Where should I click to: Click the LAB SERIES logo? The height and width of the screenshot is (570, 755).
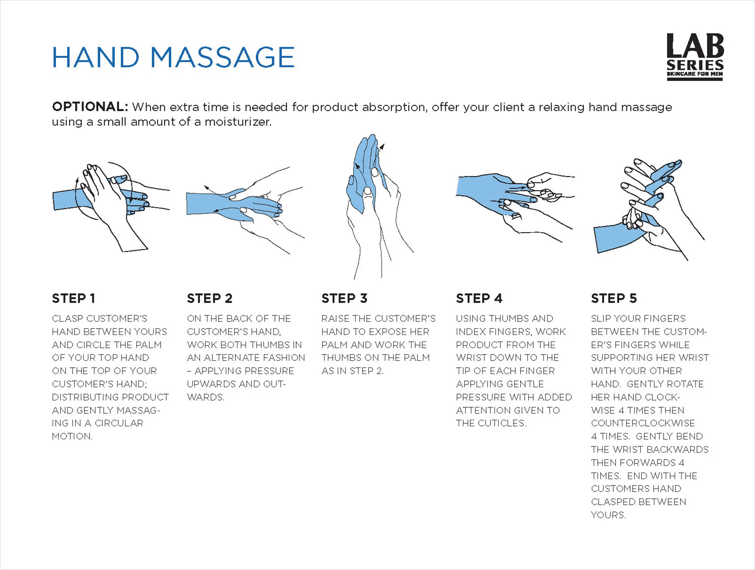(695, 57)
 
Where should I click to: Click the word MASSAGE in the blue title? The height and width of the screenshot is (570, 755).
(222, 57)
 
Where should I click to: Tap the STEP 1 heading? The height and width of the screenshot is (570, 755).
(73, 298)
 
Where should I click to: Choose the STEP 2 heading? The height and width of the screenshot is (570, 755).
(210, 298)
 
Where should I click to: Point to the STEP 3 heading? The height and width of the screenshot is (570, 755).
(344, 298)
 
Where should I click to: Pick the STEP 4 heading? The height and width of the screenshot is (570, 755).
(479, 298)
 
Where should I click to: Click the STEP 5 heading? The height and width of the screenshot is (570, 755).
(614, 298)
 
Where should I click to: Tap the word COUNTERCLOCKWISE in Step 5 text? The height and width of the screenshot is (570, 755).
(643, 423)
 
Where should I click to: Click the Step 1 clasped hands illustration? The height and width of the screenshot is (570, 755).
(109, 204)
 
